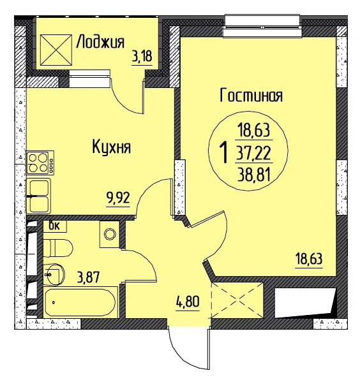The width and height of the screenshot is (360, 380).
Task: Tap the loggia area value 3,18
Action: [x=142, y=57]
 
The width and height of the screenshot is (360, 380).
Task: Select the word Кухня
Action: [x=112, y=147]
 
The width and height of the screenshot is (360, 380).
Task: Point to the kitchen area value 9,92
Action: [x=118, y=198]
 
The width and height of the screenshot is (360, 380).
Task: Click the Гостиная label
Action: [x=251, y=95]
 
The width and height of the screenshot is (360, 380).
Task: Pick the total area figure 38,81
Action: [x=254, y=175]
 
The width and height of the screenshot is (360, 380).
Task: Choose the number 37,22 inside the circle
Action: [x=254, y=153]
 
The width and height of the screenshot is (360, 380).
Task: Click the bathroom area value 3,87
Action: [x=88, y=277]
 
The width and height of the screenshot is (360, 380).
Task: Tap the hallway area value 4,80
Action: [x=188, y=302]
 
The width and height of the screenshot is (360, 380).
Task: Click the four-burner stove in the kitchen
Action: [x=40, y=163]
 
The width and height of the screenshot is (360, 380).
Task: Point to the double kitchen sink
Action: [x=38, y=196]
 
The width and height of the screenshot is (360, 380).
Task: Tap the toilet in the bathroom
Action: [x=58, y=248]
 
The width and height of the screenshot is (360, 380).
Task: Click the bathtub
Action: [x=80, y=302]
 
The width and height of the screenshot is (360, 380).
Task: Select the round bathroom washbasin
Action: [x=55, y=274]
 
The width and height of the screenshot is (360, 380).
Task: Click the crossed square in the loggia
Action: [x=56, y=50]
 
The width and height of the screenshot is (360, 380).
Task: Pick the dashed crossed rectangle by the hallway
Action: [x=237, y=300]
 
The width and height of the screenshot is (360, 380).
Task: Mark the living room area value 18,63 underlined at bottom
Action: [x=309, y=259]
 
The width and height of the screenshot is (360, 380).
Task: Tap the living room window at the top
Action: [x=263, y=26]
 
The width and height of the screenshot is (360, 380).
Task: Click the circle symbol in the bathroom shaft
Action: [x=110, y=234]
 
